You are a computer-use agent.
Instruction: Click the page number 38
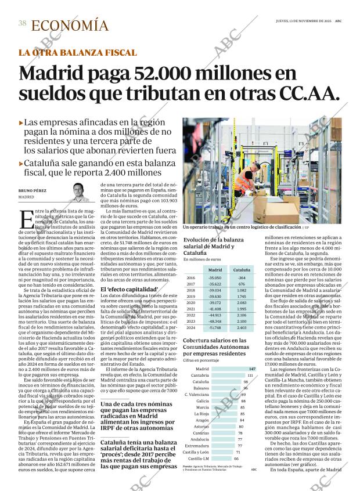pos(22,23)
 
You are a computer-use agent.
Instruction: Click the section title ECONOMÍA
pos(69,26)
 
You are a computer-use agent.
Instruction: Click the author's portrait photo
pos(79,191)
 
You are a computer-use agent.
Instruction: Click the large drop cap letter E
pos(26,220)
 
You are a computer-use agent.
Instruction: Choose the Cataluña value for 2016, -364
pos(242,278)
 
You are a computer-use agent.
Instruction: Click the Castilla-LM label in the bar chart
pos(201,458)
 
